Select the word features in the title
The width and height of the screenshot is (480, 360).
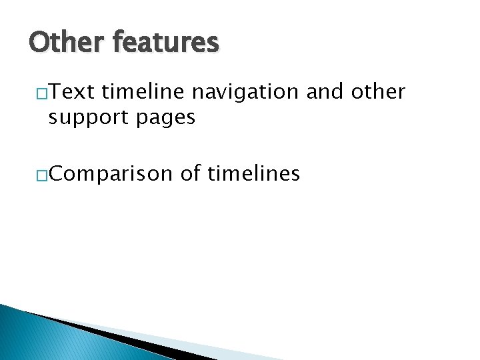(x=165, y=43)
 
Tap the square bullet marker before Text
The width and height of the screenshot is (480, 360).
(x=41, y=93)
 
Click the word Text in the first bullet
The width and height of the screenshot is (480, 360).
(x=73, y=92)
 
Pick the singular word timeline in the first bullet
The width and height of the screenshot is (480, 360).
(x=140, y=92)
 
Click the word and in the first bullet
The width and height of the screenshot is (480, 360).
(x=327, y=92)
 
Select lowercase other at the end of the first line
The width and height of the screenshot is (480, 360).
(x=379, y=92)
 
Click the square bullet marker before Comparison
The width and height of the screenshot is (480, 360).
(x=41, y=176)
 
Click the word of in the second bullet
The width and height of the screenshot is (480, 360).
(x=191, y=174)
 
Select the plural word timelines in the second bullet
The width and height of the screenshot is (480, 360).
(x=254, y=174)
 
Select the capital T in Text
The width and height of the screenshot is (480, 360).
(x=54, y=92)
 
